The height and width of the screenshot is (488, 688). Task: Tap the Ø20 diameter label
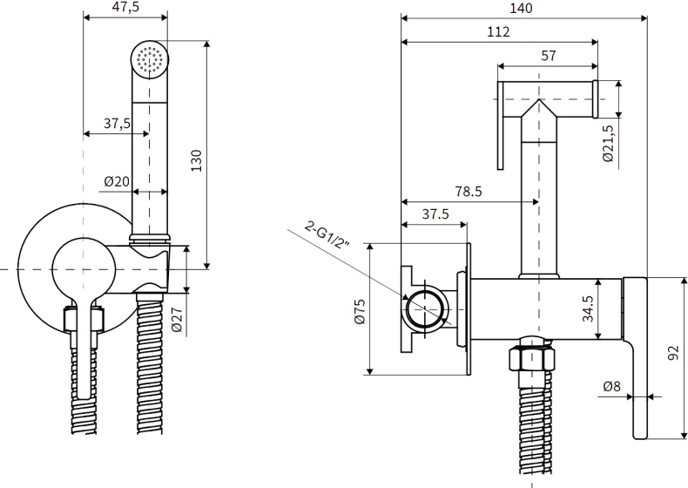[116, 181]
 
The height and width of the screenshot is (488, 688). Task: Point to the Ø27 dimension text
[177, 321]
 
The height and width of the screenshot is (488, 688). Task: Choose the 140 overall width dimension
[523, 8]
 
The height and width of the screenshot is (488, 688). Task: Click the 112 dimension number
[498, 31]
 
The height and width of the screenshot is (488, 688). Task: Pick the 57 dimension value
[548, 55]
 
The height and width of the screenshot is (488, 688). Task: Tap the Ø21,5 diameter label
[609, 142]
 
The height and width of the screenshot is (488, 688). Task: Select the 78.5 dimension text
[468, 192]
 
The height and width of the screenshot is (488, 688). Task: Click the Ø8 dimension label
[612, 387]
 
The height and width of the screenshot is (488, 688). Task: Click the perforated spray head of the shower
[149, 58]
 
